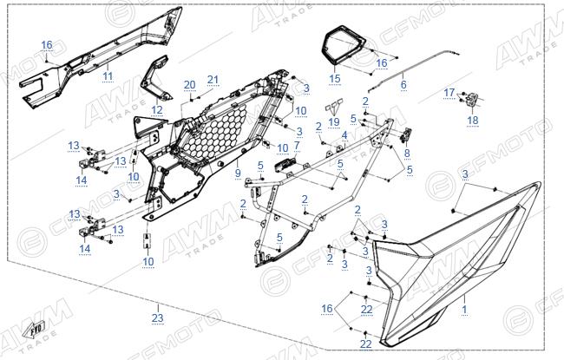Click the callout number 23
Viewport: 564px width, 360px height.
coord(158,317)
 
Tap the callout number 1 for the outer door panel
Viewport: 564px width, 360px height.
coord(464,309)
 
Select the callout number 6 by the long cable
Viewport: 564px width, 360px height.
coord(403,84)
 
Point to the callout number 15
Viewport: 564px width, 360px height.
coord(335,78)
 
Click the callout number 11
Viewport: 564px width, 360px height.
coord(108,75)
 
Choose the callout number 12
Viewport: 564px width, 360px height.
coord(157,109)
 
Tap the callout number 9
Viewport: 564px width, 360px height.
coord(238,173)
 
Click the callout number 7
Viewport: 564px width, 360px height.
coord(297,146)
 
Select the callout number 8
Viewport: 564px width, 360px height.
coord(407,154)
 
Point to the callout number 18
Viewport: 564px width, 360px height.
coord(473,120)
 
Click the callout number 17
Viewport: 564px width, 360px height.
coord(449,93)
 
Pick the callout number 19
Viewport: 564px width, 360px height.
coord(334,122)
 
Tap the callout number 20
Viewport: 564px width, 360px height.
coord(189,85)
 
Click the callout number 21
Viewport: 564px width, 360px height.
coord(213,80)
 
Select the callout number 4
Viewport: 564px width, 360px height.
coord(344,135)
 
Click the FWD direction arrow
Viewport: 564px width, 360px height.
coord(34,330)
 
